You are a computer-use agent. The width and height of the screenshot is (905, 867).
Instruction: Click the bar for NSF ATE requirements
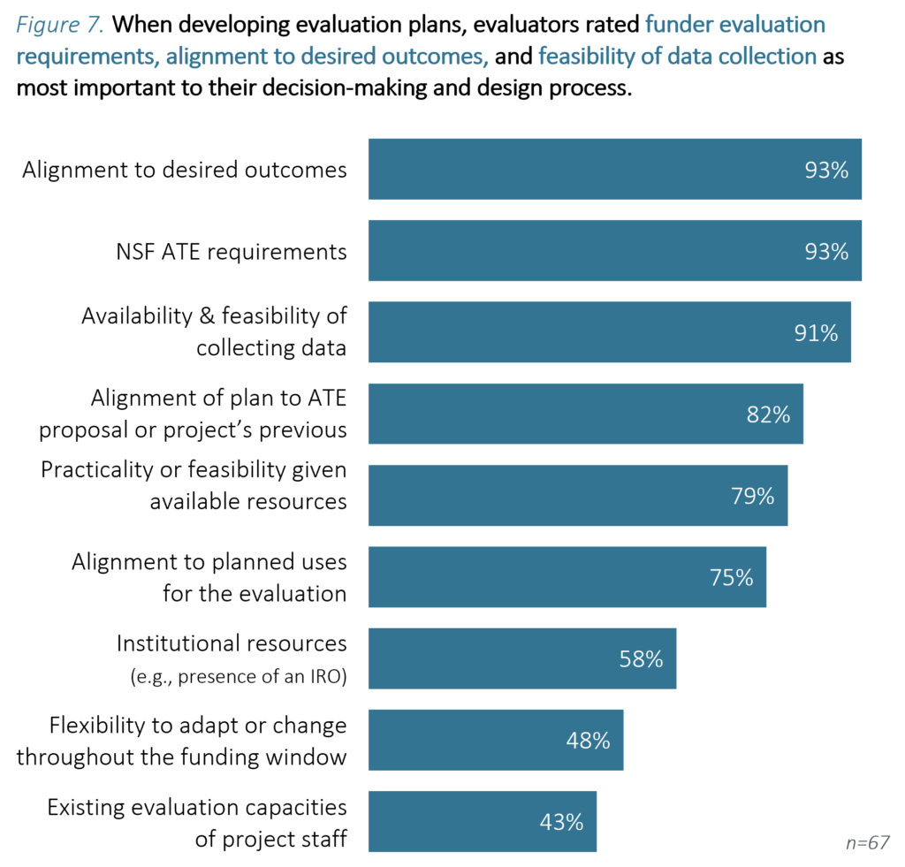pos(614,251)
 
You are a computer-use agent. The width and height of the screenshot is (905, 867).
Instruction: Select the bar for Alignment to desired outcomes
pos(614,169)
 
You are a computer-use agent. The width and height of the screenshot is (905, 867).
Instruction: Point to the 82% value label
pos(768,414)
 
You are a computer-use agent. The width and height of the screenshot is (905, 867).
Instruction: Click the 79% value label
pos(752,496)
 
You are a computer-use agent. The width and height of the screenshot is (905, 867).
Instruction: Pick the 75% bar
pos(567,577)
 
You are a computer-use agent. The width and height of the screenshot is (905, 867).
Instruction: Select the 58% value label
pos(641,658)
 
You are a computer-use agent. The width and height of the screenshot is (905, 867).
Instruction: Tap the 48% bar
pos(495,740)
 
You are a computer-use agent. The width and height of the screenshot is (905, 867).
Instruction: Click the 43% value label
pos(561,822)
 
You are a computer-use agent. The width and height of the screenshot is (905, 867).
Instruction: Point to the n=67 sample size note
pos(867,842)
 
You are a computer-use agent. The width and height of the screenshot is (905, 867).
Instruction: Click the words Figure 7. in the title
pos(60,25)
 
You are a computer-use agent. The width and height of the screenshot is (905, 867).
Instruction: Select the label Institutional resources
pos(232,643)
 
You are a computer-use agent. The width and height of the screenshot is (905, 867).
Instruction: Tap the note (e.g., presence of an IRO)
pos(238,678)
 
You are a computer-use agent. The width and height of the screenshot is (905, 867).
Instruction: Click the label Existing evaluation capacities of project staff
pos(196,823)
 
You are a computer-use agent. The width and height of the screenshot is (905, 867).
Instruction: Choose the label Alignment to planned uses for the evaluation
pos(209,577)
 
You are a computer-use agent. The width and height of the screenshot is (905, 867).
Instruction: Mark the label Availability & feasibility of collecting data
pos(214,331)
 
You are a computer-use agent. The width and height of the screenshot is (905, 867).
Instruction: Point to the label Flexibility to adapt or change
pos(198,726)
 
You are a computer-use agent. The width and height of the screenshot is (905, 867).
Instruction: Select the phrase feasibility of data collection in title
pos(677,57)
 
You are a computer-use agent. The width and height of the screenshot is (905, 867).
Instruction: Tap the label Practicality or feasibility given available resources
pos(194,485)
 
